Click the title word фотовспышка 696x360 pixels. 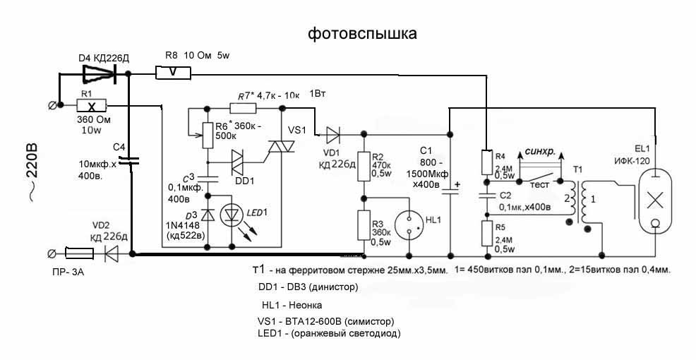tap(362, 33)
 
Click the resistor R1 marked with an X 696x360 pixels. tap(91, 105)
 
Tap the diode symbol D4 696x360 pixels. tap(100, 72)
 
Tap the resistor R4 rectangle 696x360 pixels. tap(486, 162)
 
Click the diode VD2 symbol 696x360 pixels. tap(109, 253)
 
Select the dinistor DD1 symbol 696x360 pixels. tap(239, 160)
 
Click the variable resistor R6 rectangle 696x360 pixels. tap(208, 135)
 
